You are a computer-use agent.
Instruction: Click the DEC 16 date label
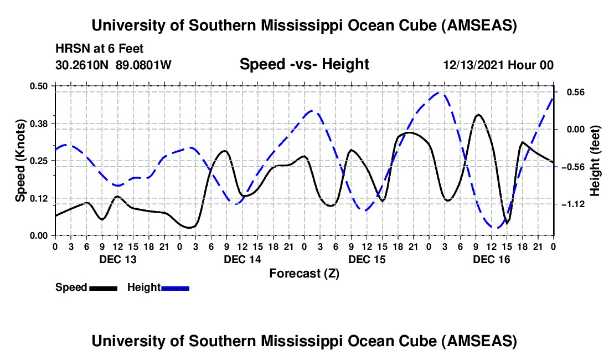492,259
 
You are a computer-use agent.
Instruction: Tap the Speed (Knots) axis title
20,160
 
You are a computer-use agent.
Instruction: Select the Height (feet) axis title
595,160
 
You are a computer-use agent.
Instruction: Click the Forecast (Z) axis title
304,273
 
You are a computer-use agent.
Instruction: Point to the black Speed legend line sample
104,287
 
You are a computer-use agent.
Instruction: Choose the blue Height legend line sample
176,287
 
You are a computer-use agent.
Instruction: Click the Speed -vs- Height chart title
304,64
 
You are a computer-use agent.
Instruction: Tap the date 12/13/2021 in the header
472,65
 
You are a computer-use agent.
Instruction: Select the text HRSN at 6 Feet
99,49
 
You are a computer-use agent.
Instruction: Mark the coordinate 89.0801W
143,65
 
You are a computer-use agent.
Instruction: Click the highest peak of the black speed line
478,115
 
